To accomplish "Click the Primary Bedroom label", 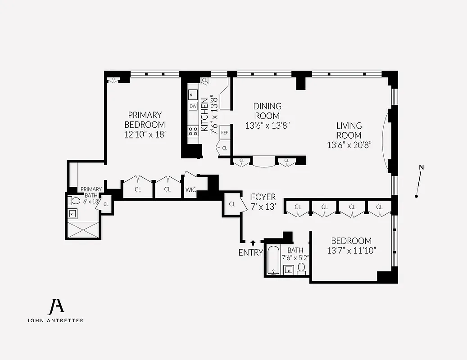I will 145,120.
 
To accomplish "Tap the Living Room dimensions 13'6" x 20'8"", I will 349,145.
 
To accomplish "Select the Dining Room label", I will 267,111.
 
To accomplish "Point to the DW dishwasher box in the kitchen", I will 193,106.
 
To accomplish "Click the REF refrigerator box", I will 224,133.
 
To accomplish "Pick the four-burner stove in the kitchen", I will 193,131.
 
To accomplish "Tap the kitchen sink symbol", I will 193,94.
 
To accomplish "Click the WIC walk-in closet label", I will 191,189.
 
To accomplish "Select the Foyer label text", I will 263,197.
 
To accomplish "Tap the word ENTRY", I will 250,253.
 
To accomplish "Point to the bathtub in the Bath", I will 273,261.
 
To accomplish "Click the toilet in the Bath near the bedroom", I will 302,268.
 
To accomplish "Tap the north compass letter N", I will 422,167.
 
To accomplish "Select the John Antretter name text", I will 55,320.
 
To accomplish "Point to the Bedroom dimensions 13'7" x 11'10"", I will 351,250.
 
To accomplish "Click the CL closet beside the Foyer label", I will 232,204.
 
